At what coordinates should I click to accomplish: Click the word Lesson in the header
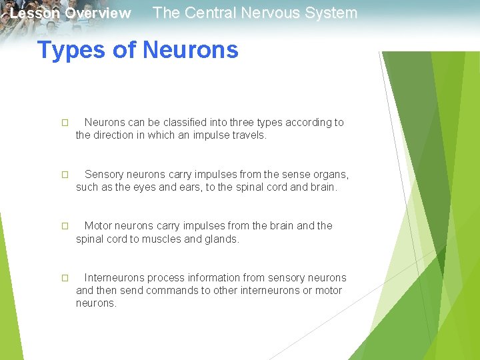click(35, 13)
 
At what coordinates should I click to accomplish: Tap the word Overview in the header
click(98, 13)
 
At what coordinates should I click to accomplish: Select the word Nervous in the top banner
click(270, 13)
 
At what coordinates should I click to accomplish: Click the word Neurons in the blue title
click(191, 50)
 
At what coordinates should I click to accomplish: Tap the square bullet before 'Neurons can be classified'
click(65, 123)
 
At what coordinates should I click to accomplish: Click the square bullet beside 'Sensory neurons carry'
click(65, 175)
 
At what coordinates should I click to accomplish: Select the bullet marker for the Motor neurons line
click(65, 227)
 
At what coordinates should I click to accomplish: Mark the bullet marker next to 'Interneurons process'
click(65, 279)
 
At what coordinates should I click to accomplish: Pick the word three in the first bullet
click(245, 123)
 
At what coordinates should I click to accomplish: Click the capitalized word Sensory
click(104, 175)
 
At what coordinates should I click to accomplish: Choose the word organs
click(327, 175)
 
